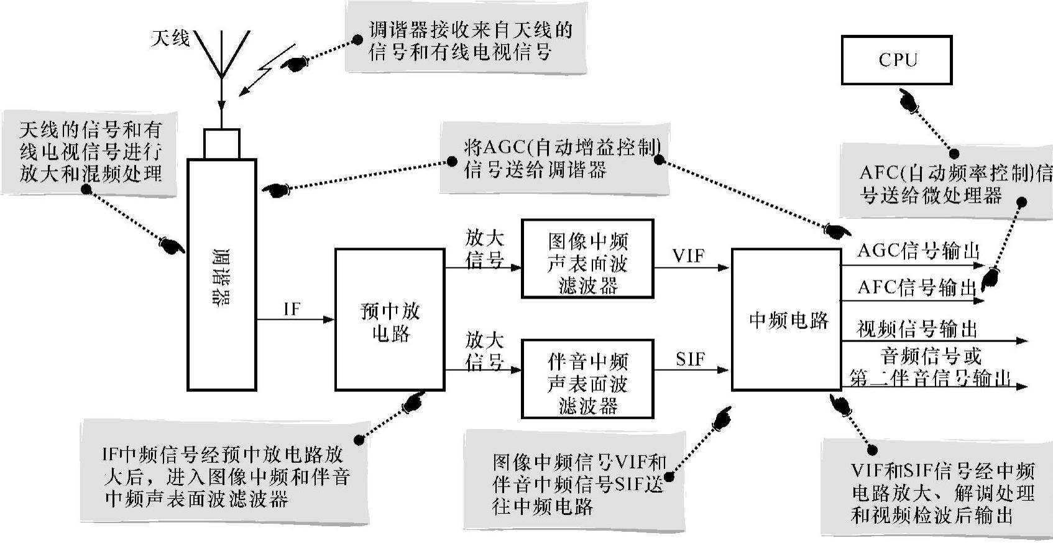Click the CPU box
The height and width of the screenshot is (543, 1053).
(x=896, y=60)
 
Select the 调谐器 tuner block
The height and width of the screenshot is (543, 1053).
(x=222, y=274)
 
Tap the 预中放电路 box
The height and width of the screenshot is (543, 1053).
(x=390, y=320)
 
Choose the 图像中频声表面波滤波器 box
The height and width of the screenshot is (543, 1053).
(x=587, y=259)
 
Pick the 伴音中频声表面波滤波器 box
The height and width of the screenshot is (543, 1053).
(x=587, y=379)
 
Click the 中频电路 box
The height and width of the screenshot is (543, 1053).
(x=786, y=320)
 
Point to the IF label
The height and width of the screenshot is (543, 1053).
(x=292, y=309)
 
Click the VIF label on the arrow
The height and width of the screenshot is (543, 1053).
(x=688, y=255)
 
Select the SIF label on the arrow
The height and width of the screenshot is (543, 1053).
(x=690, y=359)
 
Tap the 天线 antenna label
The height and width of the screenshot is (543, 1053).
(x=170, y=38)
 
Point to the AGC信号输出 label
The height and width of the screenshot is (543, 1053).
(x=917, y=251)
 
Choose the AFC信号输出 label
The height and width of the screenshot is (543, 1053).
(x=916, y=287)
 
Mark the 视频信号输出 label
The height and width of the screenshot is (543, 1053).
(x=917, y=328)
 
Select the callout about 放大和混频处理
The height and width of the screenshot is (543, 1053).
(x=90, y=152)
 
